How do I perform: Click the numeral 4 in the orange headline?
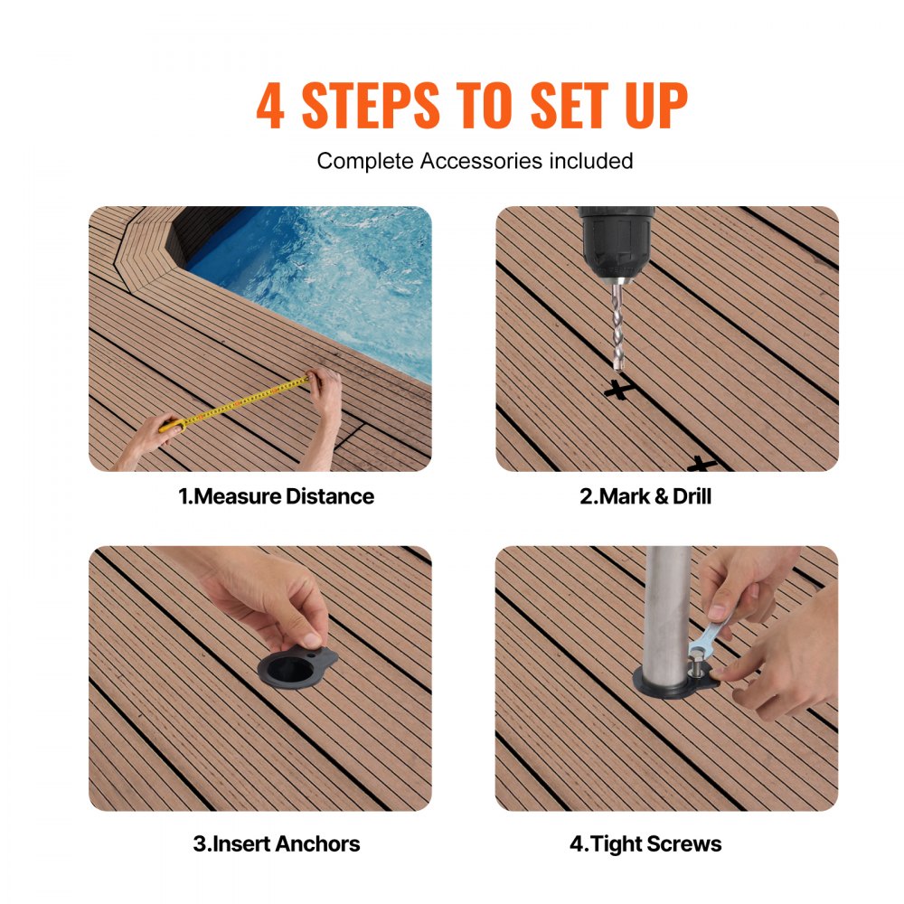pos(270,107)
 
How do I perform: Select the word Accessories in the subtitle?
pos(476,161)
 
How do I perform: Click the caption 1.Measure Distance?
pos(276,496)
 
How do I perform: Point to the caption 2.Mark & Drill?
pos(645,496)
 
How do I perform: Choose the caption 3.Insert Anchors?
pos(276,844)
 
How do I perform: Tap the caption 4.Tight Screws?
pos(645,844)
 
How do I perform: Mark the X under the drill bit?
pos(618,390)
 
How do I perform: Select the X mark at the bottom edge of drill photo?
pos(701,465)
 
